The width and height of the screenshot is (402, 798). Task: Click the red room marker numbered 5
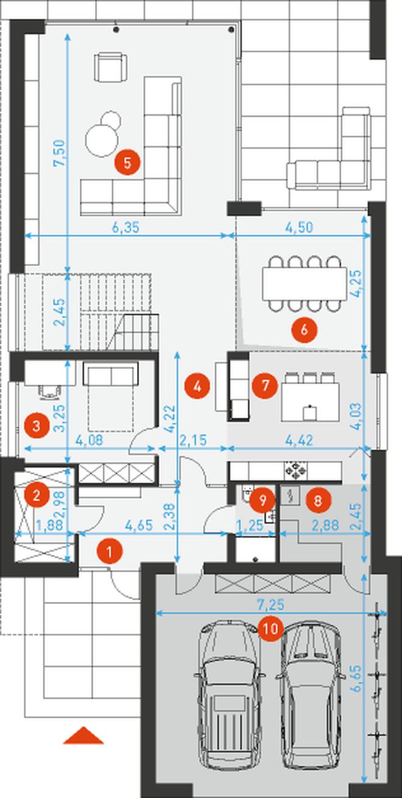[x=127, y=163]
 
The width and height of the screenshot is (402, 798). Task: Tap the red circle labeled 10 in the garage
[x=270, y=629]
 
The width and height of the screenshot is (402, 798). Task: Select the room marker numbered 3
[x=36, y=425]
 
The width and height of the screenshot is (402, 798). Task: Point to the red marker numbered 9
[x=263, y=500]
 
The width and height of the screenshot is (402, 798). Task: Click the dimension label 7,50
[x=59, y=152]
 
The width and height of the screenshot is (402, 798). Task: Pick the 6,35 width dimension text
[x=125, y=228]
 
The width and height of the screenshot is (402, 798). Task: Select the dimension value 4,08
[x=90, y=440]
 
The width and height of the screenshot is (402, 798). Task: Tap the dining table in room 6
[x=305, y=284]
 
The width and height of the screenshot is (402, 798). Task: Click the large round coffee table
[x=102, y=140]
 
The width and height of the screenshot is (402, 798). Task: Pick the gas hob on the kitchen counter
[x=295, y=472]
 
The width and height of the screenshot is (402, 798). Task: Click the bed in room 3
[x=110, y=396]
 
